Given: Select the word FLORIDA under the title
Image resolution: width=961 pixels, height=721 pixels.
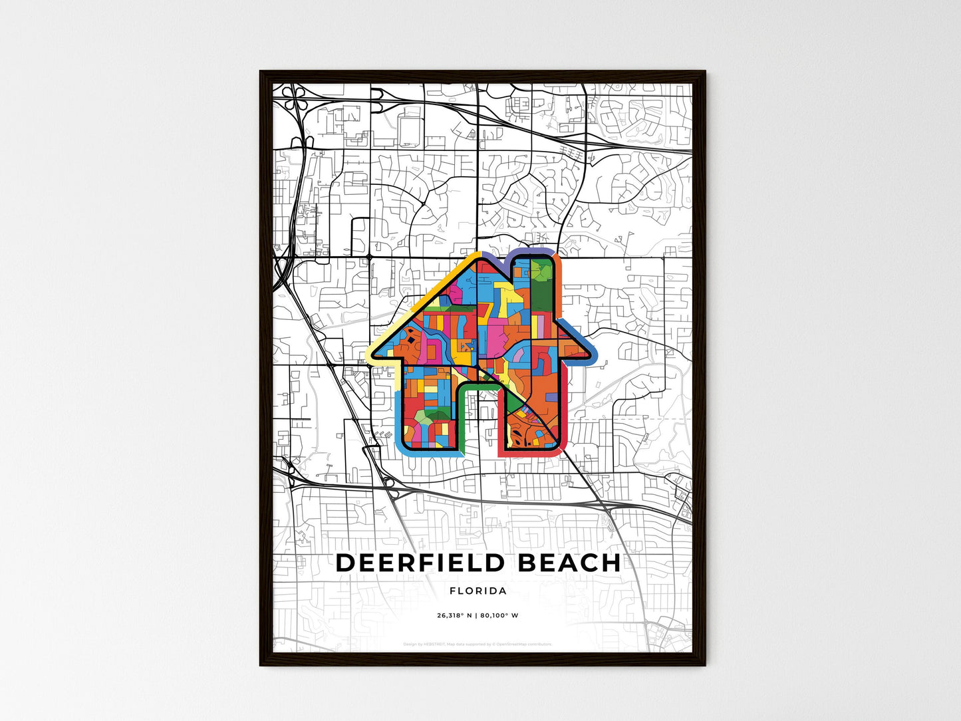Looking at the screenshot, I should [x=478, y=591].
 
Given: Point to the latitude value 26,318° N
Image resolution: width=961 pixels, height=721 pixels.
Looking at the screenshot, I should [x=454, y=615].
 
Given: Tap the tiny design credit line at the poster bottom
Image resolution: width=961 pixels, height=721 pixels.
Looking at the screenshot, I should [x=478, y=644].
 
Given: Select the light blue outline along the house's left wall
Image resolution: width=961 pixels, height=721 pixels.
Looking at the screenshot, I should [x=397, y=412].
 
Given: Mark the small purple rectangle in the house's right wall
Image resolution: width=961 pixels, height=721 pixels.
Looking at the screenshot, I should [x=551, y=397].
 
